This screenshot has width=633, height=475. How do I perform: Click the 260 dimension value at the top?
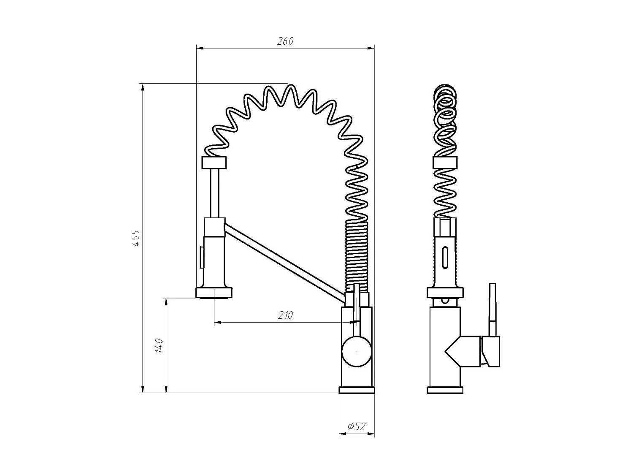[x=285, y=41]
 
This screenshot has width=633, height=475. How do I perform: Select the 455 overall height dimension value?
[x=136, y=239]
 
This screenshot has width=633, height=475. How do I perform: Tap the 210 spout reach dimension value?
[x=285, y=315]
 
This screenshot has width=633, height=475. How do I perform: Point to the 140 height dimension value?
[x=159, y=346]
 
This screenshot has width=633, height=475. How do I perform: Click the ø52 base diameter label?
[x=357, y=426]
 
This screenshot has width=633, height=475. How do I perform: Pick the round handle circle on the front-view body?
[x=357, y=351]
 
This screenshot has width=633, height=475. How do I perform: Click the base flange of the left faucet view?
[x=357, y=389]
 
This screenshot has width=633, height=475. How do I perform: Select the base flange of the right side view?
[x=445, y=390]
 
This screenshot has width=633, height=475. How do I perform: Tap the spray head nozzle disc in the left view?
[x=214, y=293]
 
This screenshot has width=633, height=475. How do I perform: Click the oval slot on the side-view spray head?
[x=445, y=257]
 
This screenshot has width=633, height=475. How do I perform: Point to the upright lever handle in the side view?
[x=492, y=308]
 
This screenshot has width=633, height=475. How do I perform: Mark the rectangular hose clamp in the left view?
[x=214, y=163]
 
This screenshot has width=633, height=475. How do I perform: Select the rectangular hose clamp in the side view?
[x=445, y=163]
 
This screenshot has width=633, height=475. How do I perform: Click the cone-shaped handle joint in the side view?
[x=462, y=350]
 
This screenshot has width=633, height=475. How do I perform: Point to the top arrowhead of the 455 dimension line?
[x=143, y=87]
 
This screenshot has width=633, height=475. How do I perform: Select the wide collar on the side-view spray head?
[x=445, y=292]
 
